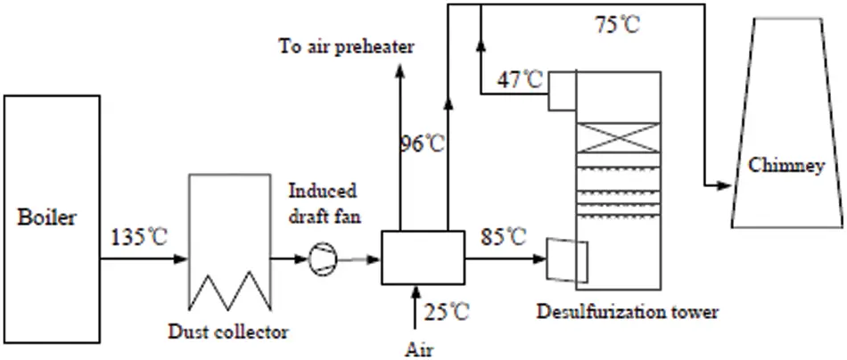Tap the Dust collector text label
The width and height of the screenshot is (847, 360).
[229, 332]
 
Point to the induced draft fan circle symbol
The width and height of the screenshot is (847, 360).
[319, 259]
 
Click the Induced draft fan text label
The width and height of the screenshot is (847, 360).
[322, 203]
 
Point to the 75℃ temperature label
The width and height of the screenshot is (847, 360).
[617, 25]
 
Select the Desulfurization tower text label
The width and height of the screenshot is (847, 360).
[627, 312]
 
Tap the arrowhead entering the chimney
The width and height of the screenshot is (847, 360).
[724, 186]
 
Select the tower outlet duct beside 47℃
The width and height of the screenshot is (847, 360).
[562, 90]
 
